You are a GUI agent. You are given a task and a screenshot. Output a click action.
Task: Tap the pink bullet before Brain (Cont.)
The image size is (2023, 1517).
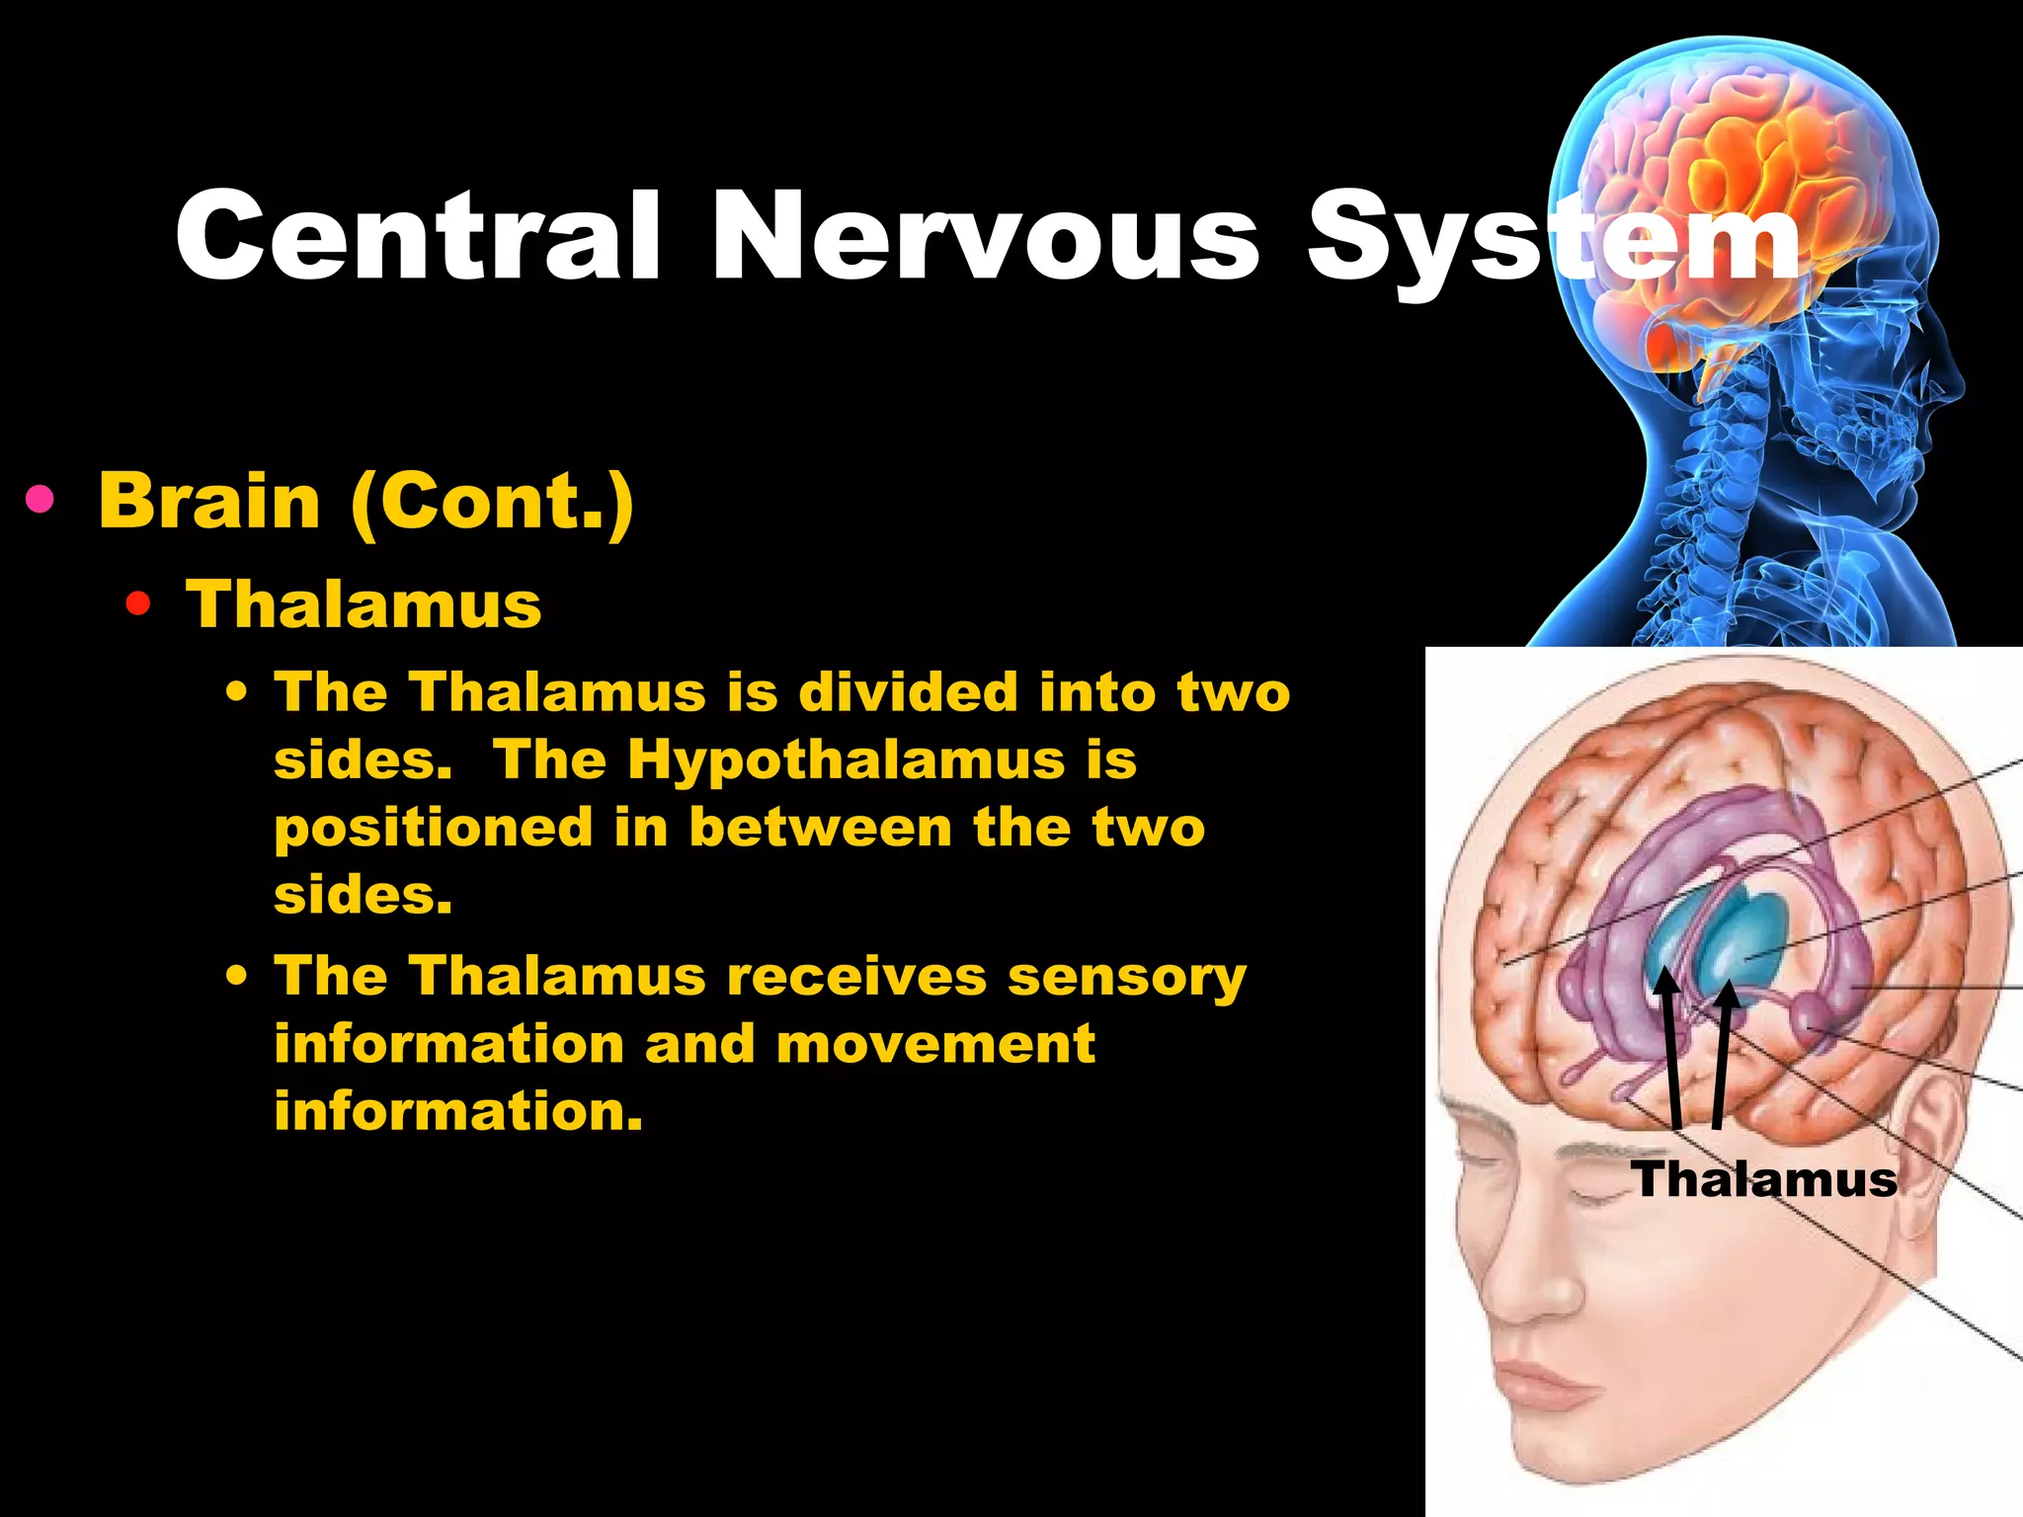(40, 501)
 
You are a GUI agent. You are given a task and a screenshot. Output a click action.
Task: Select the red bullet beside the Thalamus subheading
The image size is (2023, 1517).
(138, 604)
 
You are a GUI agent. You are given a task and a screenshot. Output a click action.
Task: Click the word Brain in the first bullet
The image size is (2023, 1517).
(209, 501)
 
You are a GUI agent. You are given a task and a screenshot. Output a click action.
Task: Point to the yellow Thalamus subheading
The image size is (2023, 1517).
(364, 604)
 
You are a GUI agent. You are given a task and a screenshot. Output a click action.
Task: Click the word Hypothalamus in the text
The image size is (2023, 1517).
(847, 759)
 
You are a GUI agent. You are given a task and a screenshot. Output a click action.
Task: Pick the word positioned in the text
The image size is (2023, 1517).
(433, 828)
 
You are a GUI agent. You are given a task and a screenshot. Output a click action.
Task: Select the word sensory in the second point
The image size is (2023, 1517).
(1126, 977)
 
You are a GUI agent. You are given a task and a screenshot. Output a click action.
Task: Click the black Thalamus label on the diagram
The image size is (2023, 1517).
(1764, 1179)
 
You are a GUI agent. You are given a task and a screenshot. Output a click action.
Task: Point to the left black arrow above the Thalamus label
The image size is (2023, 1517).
(1671, 1047)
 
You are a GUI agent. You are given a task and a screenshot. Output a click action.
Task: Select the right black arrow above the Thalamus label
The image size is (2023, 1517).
(1723, 1052)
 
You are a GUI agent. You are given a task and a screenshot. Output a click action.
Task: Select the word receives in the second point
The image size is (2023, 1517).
(856, 977)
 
